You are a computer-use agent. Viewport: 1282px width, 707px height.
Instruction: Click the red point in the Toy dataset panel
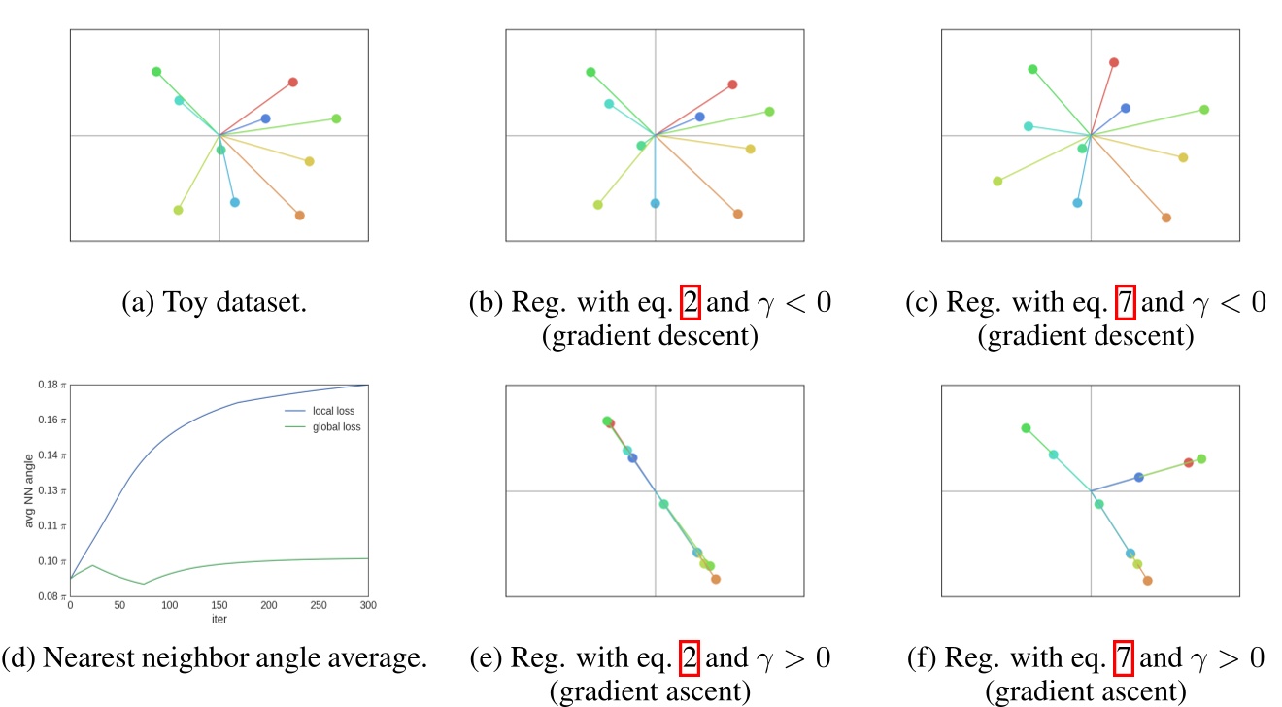coord(292,83)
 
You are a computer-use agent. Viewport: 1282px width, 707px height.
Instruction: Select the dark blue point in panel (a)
coord(265,118)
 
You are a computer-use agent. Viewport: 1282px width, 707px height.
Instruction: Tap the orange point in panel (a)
coord(299,215)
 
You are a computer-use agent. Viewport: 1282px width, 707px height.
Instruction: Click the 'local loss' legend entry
coord(334,411)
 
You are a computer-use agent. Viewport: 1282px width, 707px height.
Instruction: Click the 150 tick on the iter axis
coord(219,606)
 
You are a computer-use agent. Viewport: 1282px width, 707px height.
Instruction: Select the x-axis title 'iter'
coord(219,618)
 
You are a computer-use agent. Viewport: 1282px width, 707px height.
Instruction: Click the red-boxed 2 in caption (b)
coord(691,303)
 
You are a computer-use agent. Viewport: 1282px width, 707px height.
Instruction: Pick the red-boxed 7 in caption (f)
coord(1125,658)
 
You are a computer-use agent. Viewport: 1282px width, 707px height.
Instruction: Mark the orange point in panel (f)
coord(1147,581)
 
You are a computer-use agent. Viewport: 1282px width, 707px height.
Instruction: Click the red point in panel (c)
coord(1114,62)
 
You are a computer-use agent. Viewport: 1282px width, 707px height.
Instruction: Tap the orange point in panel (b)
coord(737,214)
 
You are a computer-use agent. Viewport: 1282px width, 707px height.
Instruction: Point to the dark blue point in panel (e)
coord(632,457)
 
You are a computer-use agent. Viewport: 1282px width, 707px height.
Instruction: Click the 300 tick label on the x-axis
coord(367,606)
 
